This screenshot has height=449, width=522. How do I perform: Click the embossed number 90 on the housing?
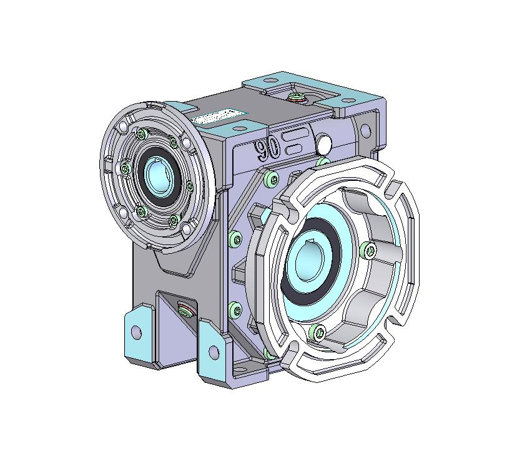point(267,148)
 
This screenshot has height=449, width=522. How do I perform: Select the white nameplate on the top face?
point(219,117)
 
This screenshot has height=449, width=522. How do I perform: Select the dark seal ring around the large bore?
point(310,261)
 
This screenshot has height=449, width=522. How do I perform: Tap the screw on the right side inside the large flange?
point(368,250)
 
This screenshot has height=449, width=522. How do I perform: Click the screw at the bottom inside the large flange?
point(317,333)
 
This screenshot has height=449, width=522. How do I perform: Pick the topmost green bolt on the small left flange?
point(142,134)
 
